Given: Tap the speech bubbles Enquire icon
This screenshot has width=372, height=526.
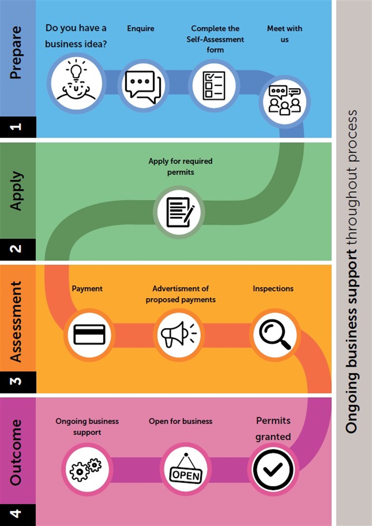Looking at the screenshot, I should tap(143, 86).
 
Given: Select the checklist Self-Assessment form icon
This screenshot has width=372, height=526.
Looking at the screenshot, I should tap(214, 86).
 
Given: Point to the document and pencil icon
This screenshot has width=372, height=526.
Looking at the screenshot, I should tap(179, 212).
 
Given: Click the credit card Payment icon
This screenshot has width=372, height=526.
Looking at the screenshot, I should tap(89, 335).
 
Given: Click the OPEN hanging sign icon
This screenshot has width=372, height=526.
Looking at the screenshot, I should tap(186, 469).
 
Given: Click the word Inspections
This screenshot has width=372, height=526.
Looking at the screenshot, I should tap(273, 289).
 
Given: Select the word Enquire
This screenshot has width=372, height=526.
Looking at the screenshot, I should tap(140, 29).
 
